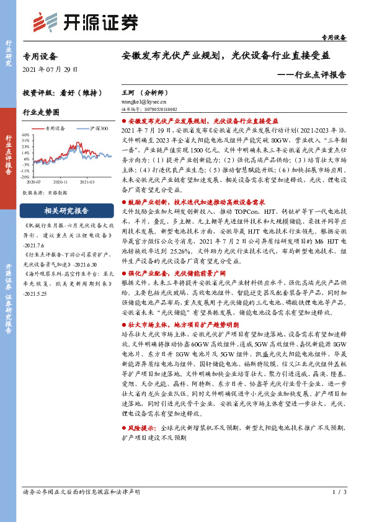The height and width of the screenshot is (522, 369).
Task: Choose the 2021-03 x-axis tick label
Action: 86,182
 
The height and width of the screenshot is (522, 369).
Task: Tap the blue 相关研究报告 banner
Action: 66,210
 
